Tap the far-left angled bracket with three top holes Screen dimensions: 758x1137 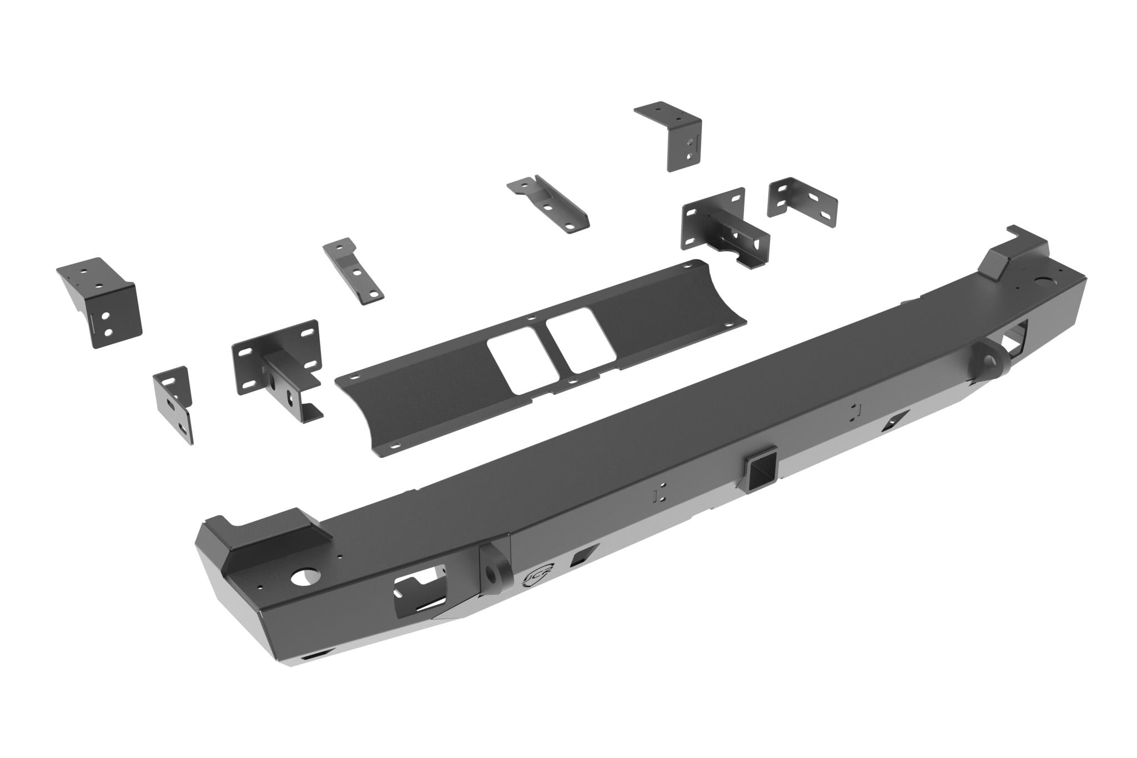click(100, 298)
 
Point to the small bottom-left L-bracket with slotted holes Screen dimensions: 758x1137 click(174, 401)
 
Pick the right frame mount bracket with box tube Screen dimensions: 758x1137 click(725, 228)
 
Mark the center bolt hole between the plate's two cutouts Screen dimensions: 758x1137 click(532, 319)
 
